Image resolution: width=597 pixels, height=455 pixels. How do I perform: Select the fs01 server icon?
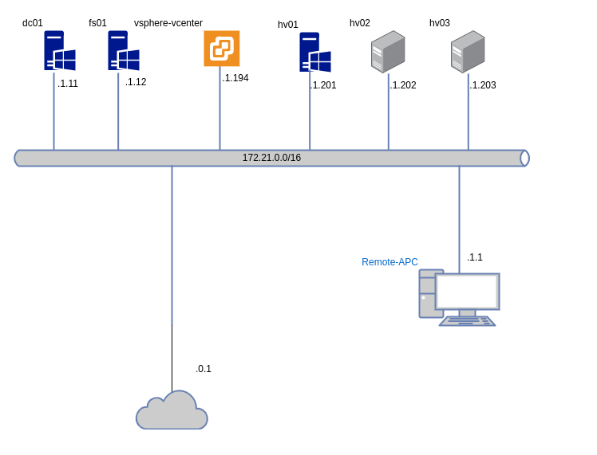tap(123, 51)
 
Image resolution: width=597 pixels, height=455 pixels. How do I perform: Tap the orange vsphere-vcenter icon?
tap(221, 49)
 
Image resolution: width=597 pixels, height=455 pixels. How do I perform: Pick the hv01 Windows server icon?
tap(314, 53)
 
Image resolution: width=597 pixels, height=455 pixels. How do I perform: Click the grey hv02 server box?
tap(388, 52)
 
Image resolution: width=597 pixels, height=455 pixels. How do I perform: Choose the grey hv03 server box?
tap(468, 52)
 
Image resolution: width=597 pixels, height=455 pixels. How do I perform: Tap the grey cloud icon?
tap(172, 412)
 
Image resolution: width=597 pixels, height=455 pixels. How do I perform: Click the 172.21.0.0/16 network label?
tap(271, 158)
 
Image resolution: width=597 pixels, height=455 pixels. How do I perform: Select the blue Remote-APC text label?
tap(389, 262)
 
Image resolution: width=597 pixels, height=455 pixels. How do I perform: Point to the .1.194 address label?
tap(235, 78)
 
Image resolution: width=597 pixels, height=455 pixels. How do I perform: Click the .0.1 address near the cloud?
tap(204, 369)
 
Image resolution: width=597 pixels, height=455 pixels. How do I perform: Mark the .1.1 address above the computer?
tap(475, 257)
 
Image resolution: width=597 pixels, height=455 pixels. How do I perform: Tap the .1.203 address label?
tap(483, 85)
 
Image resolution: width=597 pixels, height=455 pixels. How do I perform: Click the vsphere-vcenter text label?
tap(168, 23)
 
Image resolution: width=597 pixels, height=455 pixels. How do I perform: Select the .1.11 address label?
tap(68, 84)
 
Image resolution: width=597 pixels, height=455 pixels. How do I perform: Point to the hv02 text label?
tap(360, 23)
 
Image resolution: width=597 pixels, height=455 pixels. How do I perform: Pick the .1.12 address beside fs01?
tap(136, 82)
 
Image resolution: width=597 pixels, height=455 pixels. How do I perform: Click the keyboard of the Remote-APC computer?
tap(468, 321)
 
